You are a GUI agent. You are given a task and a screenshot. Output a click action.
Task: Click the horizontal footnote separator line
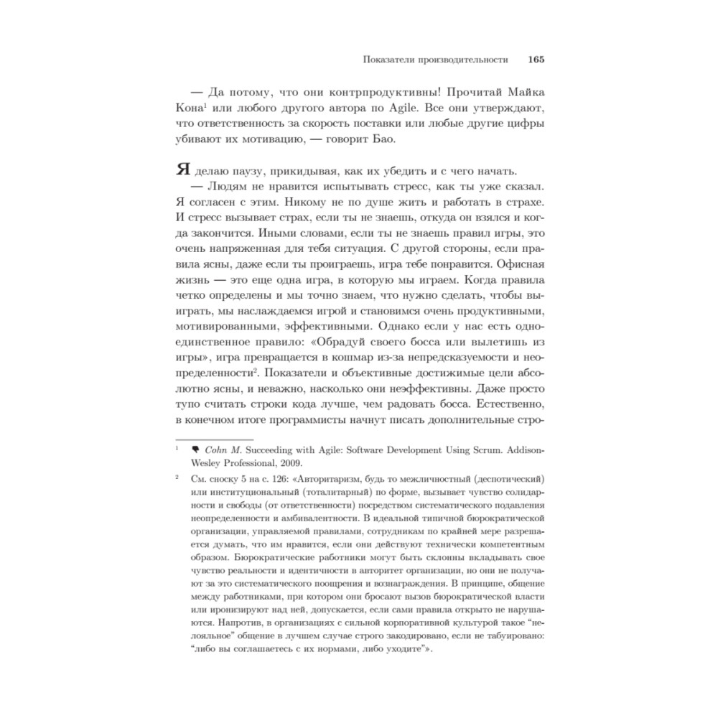click(215, 439)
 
